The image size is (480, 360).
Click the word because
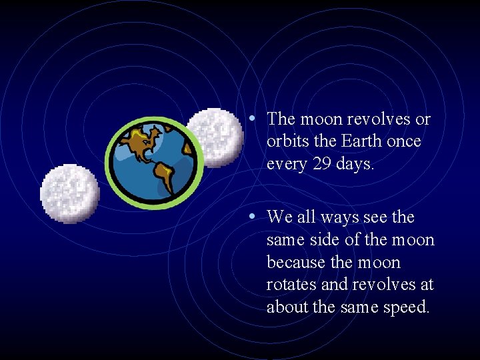(x=297, y=262)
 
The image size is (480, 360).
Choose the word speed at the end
(x=408, y=307)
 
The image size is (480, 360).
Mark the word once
(x=402, y=141)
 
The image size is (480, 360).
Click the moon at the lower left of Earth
(x=69, y=193)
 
